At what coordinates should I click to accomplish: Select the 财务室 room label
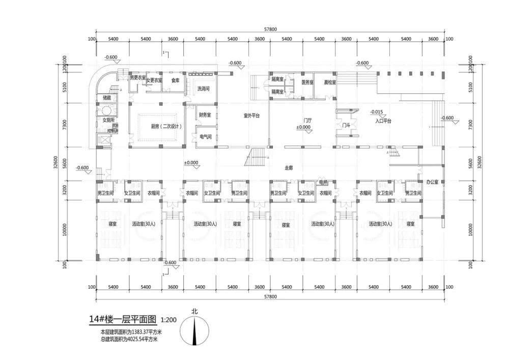(205, 115)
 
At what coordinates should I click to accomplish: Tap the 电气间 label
(204, 137)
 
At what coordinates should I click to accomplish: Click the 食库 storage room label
(175, 80)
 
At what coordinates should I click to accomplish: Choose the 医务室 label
(307, 82)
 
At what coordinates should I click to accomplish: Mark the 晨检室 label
(330, 82)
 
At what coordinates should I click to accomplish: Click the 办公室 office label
(432, 181)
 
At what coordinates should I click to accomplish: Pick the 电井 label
(323, 182)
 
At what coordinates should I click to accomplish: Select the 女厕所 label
(108, 120)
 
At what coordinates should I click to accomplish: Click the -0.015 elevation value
(377, 111)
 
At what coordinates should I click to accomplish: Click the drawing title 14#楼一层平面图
(122, 319)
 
